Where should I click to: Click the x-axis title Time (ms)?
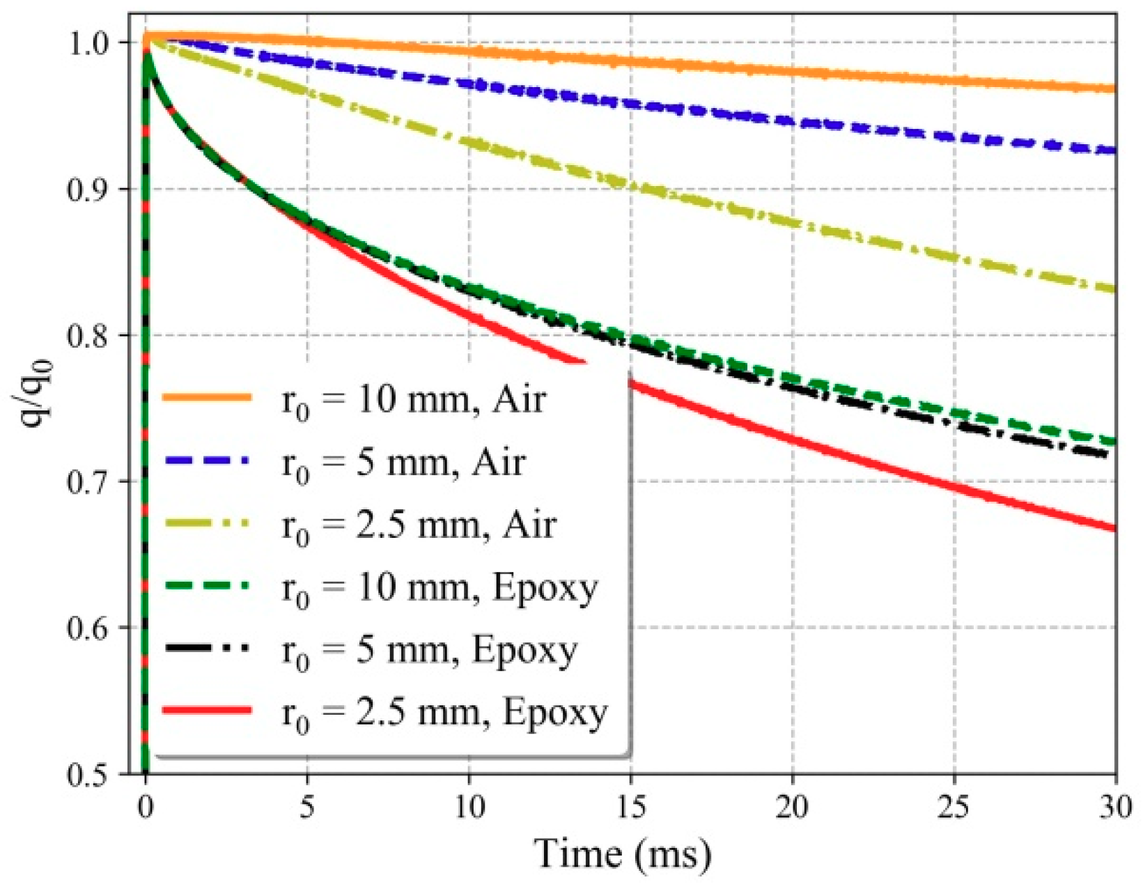click(x=622, y=853)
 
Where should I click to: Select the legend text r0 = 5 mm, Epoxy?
click(x=429, y=651)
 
